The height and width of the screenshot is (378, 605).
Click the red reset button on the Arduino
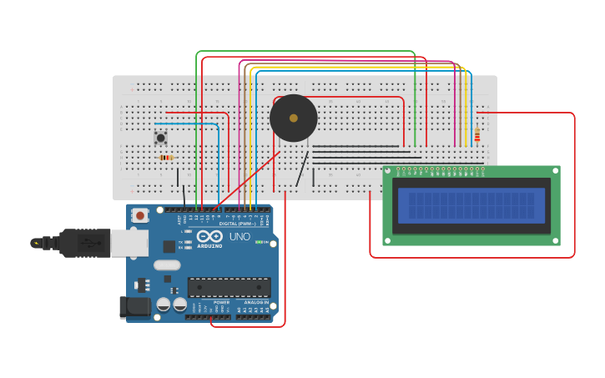coord(140,215)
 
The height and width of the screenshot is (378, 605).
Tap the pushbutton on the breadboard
coord(160,137)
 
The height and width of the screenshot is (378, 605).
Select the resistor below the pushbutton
coord(165,157)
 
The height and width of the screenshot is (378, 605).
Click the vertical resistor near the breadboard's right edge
coord(477,135)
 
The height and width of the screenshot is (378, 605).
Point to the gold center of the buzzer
coord(293,118)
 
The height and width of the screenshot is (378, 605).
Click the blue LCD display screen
coord(471,204)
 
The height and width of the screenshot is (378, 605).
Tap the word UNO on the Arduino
coord(239,237)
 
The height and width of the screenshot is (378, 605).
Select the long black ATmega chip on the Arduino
coord(229,287)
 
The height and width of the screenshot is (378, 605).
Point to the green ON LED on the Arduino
coord(260,242)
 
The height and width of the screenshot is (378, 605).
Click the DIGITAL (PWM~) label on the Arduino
coord(237,224)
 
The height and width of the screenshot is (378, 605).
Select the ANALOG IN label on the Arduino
coord(255,302)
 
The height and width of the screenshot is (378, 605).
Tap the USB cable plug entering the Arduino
coord(83,243)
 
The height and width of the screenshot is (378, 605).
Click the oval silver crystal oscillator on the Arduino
coord(167,265)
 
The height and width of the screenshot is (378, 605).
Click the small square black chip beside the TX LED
coord(169,246)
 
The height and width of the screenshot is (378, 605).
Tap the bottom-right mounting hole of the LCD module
coord(555,240)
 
